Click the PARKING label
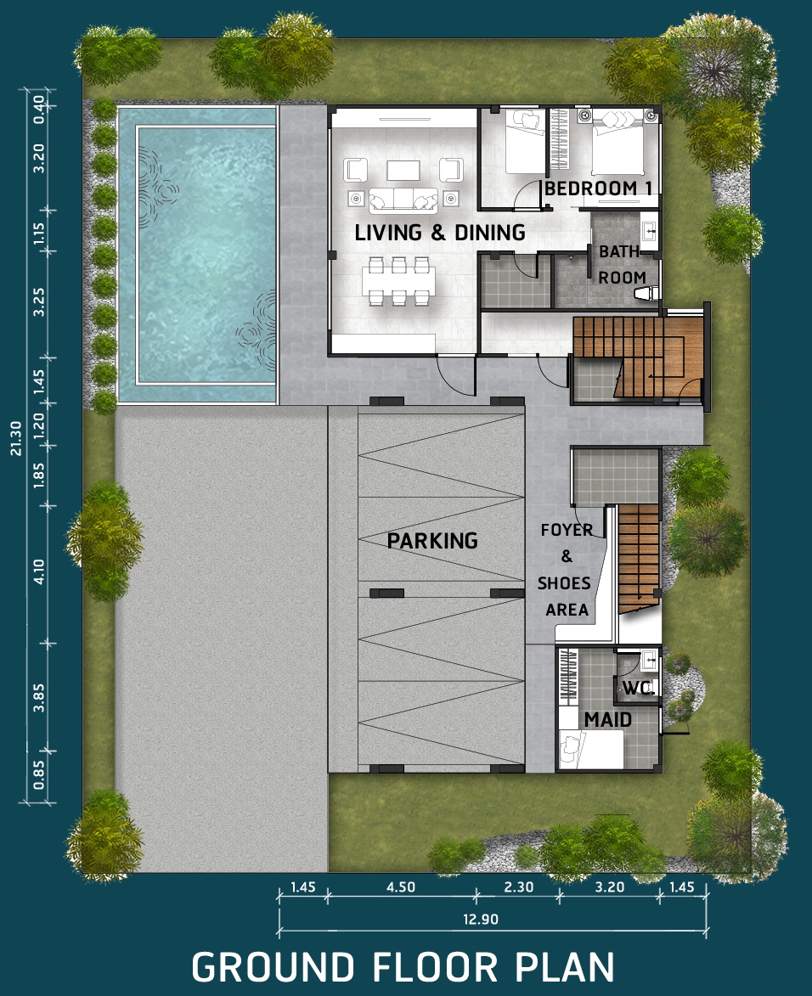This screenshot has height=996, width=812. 432,541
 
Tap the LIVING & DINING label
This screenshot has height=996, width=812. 440,233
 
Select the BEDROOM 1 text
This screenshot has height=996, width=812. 599,189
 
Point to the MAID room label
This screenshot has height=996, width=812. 608,720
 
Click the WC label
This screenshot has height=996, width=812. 637,688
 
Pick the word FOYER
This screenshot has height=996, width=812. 567,530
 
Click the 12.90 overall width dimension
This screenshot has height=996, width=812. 481,919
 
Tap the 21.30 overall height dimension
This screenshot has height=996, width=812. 16,438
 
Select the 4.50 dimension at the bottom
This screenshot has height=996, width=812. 401,886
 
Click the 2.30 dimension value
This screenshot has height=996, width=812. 518,886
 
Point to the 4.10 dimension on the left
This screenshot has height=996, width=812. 39,571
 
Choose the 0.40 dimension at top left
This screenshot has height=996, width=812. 39,110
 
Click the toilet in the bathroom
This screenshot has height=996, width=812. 647,294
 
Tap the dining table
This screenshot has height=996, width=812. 398,281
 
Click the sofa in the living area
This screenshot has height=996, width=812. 403,200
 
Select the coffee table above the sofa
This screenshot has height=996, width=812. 403,170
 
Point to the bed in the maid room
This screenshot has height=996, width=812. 591,749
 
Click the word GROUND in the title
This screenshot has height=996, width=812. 273,967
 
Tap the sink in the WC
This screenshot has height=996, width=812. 650,661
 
